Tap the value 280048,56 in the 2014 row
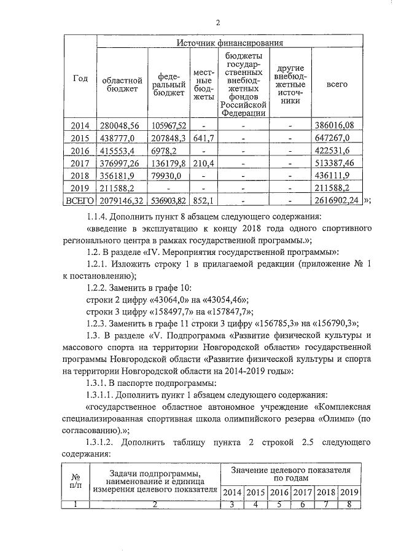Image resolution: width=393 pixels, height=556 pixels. point(122,125)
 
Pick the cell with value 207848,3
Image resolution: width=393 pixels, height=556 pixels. point(168,138)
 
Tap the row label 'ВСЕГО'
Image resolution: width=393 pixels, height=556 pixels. point(80,200)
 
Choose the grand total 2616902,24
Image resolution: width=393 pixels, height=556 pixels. point(337,200)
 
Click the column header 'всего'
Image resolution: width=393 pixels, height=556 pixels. point(337,84)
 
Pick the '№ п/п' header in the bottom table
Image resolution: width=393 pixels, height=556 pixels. point(77,480)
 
